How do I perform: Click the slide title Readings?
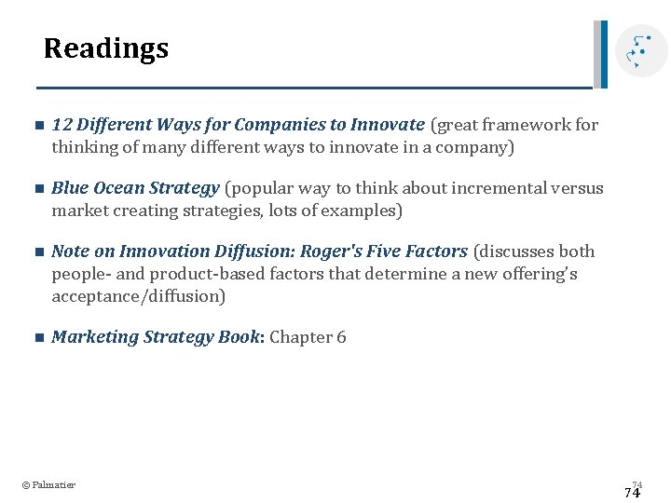[x=106, y=48]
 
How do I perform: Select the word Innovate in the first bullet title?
[x=388, y=125]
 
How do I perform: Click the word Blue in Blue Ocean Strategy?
[x=70, y=188]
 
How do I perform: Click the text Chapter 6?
[x=308, y=337]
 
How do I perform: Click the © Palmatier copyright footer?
[x=48, y=484]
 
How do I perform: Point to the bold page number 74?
[x=632, y=494]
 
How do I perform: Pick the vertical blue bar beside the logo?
[x=604, y=54]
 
